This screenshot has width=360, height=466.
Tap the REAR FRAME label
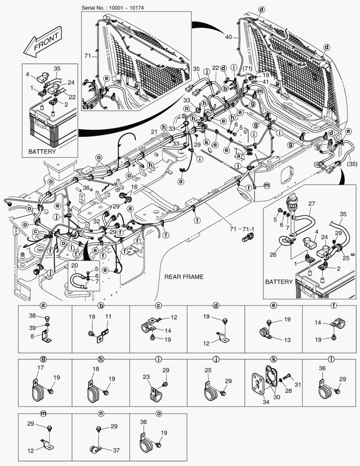[x=184, y=276]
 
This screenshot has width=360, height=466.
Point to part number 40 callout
[x=229, y=37]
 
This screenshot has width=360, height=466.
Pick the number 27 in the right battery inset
[x=312, y=203]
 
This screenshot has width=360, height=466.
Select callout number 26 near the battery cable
[x=273, y=255]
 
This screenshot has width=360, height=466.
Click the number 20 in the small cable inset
[x=74, y=265]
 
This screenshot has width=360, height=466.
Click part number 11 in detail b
[x=108, y=316]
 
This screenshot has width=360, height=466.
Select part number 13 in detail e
[x=287, y=340]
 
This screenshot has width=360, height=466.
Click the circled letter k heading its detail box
[x=273, y=359]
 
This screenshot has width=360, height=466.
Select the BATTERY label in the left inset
[x=41, y=152]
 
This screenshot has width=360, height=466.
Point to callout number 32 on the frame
[x=97, y=220]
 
